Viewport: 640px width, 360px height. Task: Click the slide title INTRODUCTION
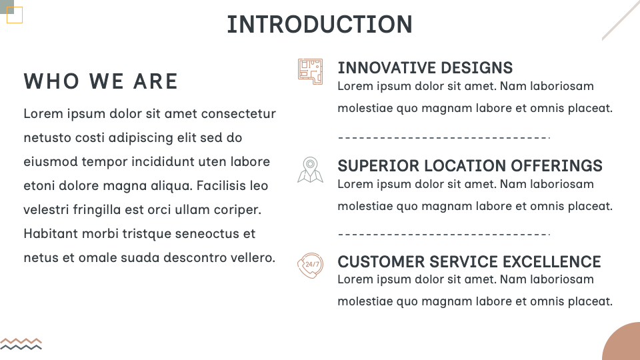point(319,25)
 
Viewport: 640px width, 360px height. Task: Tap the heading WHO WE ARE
point(101,81)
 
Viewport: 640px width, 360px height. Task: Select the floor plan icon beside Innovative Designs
point(310,71)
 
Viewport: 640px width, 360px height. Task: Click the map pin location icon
point(310,169)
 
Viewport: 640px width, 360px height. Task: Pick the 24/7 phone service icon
point(310,265)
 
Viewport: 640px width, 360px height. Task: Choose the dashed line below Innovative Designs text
point(443,138)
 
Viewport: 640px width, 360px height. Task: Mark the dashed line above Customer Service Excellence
point(443,235)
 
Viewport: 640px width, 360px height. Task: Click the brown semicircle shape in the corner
point(624,344)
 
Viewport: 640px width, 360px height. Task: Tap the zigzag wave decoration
point(21,343)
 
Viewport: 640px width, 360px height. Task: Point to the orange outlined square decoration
point(15,15)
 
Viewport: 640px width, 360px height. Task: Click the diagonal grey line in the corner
point(620,21)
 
